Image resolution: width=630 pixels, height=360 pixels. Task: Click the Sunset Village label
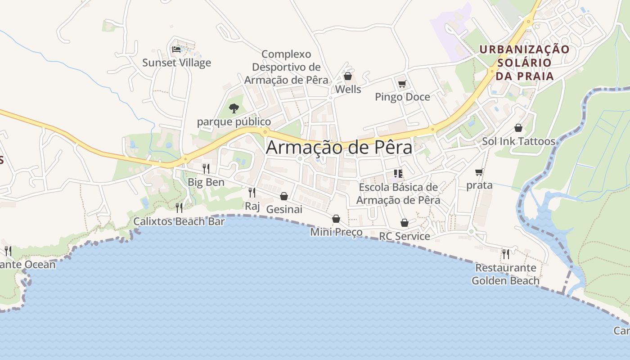176,63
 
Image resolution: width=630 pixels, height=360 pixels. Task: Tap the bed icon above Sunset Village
176,49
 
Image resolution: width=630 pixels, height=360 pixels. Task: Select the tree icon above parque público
234,108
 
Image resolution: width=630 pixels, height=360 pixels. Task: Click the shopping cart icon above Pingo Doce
402,84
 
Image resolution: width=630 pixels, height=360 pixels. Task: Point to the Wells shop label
348,89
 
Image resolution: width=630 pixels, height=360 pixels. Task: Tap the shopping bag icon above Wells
348,76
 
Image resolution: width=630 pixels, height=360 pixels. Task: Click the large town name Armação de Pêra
339,148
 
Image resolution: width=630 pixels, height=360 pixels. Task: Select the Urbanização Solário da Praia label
525,62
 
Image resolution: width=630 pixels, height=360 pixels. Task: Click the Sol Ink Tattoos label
518,141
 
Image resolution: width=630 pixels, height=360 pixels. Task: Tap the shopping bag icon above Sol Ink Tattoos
518,128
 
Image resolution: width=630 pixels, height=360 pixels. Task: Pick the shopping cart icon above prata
479,172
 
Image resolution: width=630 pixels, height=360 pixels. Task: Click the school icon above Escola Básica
398,173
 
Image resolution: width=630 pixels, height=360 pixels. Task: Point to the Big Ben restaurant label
206,182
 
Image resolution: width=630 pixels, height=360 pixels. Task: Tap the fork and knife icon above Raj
252,193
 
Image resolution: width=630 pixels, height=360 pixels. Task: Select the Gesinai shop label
284,209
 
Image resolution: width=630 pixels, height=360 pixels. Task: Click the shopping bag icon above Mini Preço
336,219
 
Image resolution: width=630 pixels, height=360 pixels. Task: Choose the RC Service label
404,236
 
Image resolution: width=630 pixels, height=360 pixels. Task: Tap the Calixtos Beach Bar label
179,221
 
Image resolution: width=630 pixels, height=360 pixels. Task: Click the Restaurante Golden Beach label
505,274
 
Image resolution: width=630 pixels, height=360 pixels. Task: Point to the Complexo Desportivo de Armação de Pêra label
286,67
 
